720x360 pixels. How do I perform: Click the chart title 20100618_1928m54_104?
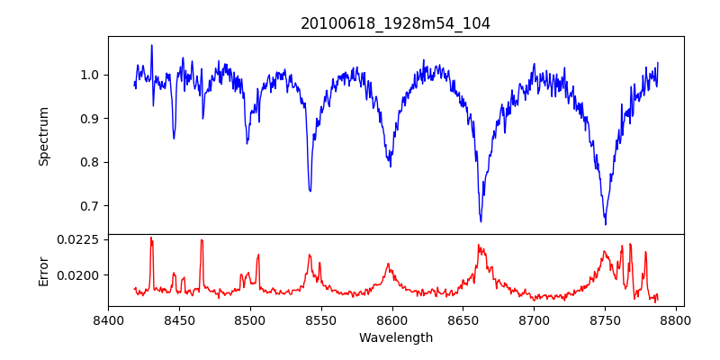coord(395,23)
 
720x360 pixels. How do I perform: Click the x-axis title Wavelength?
coord(395,337)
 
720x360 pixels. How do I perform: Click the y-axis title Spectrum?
coord(43,136)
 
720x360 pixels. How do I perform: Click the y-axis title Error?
coord(43,270)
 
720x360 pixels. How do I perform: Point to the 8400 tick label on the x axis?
coord(108,320)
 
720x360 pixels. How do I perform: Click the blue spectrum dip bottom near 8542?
coord(310,191)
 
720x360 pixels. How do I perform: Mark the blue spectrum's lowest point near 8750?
coord(605,224)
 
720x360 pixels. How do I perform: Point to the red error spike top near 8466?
coord(202,240)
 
